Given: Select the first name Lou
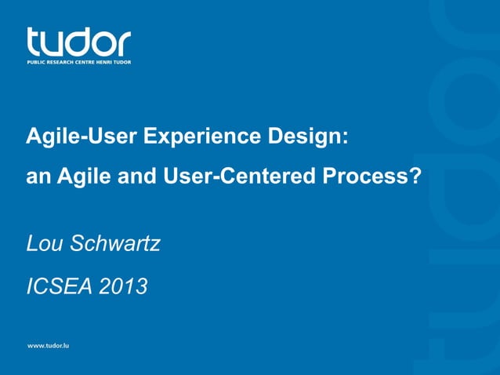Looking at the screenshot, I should pyautogui.click(x=44, y=244).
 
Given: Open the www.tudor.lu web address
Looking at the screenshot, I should pyautogui.click(x=49, y=346).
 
